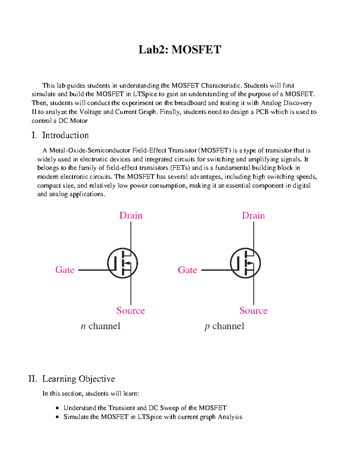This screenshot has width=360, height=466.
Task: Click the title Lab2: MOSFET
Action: coord(180,50)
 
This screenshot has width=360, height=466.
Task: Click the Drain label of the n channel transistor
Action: coord(131,215)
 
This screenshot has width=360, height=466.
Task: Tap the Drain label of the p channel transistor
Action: coord(253,215)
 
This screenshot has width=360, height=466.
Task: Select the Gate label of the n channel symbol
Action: coord(65,270)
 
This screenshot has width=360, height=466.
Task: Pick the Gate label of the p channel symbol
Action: coord(187,270)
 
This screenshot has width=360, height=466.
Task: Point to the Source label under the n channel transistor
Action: coord(130,311)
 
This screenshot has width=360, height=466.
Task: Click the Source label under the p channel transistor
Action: coord(253,311)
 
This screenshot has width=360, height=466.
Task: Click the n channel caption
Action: coord(100,326)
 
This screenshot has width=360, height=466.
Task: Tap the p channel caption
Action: coord(224,326)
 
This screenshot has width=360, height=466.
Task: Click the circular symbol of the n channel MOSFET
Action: coord(122,263)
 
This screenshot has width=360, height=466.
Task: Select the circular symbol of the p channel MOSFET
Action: coord(245,263)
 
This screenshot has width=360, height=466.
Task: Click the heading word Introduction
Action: coord(65,135)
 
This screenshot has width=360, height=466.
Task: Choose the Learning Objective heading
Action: coord(79,379)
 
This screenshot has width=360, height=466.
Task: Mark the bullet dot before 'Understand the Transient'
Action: coord(57,408)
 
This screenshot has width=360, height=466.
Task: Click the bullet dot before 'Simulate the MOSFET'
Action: coord(57,417)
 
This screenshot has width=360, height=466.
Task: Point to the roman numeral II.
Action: coord(32,379)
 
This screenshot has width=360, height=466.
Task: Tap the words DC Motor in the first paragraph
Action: coord(73,121)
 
